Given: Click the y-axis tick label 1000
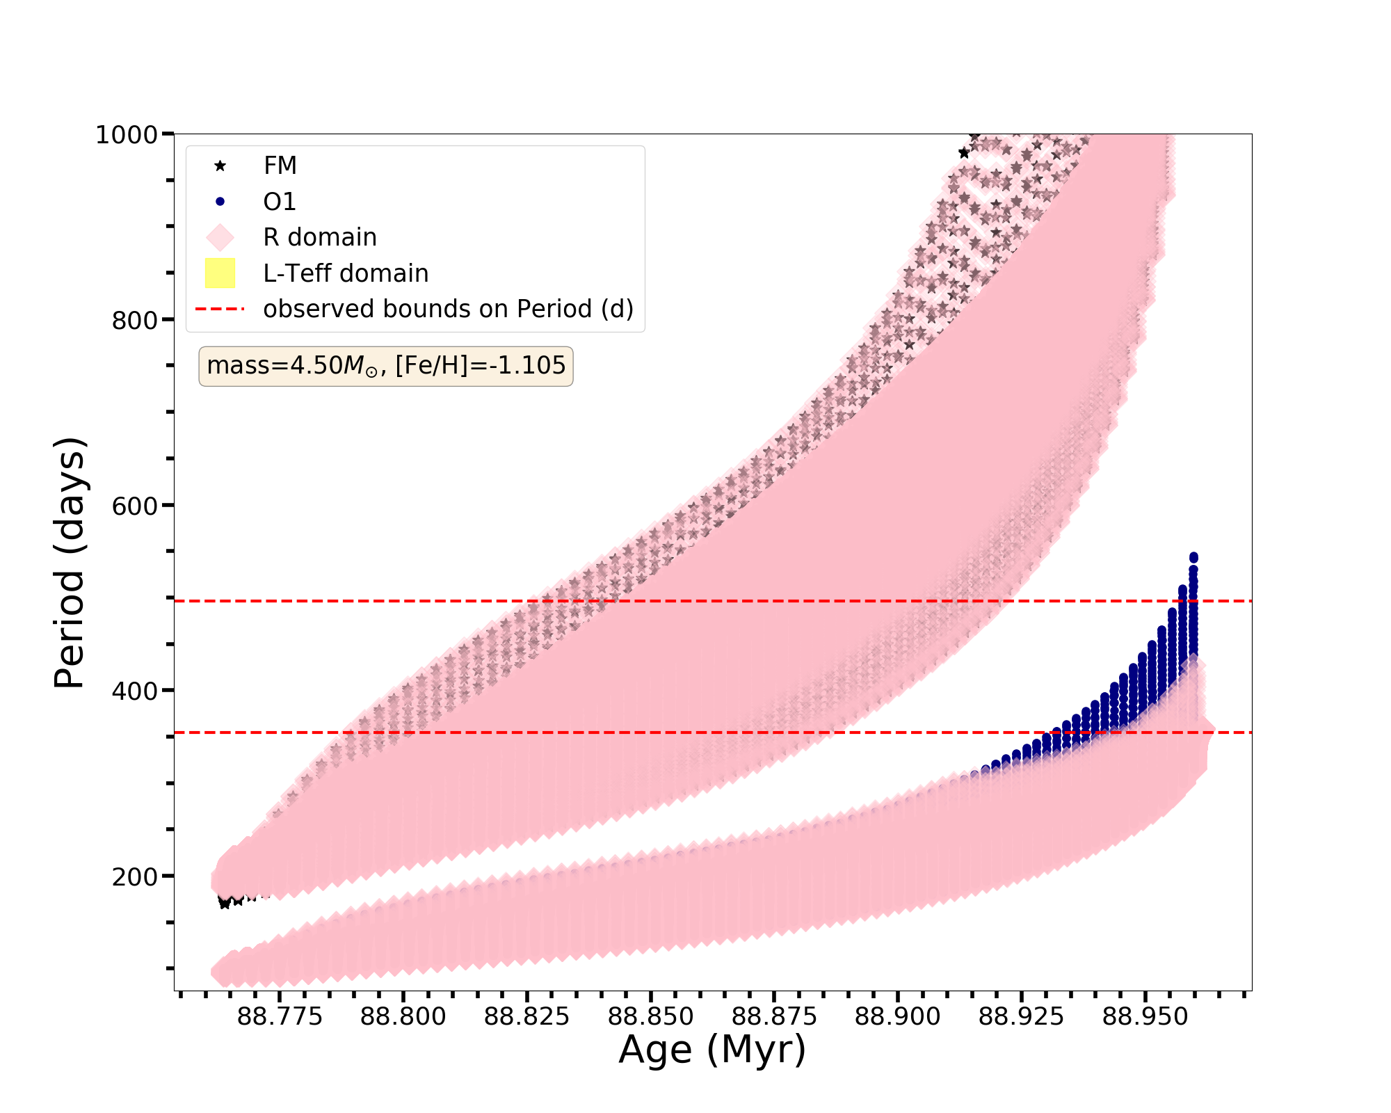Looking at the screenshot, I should [x=126, y=134].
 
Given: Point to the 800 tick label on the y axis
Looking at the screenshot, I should [x=134, y=320].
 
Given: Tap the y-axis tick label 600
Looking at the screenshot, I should [x=134, y=506].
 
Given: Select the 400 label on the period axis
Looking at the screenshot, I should [x=134, y=691].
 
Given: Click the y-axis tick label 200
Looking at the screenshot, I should [x=134, y=876].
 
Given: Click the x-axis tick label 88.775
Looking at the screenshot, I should [x=280, y=1017].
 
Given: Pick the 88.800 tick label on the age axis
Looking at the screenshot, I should [x=403, y=1017].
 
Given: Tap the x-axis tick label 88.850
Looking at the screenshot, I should [x=651, y=1017].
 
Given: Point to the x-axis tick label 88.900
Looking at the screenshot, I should [x=898, y=1017].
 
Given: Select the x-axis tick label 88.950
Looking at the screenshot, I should [x=1145, y=1017].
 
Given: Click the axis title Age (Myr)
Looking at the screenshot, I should [x=712, y=1050].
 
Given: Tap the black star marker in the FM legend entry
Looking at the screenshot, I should [x=220, y=166].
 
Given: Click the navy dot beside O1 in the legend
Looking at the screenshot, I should [x=220, y=202].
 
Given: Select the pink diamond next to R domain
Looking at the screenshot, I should [x=220, y=237].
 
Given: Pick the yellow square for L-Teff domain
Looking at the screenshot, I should [x=220, y=273].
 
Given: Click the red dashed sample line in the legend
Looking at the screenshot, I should [x=220, y=309].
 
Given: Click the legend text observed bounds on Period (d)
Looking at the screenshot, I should [x=448, y=309].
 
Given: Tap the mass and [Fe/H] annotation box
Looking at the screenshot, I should [x=386, y=366].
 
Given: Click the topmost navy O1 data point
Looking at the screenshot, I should [x=1193, y=557].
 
